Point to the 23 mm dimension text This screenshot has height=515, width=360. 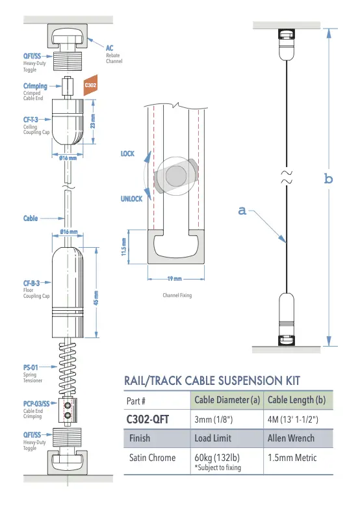(93, 121)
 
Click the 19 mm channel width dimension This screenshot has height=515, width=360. (174, 278)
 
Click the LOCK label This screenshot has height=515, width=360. (128, 153)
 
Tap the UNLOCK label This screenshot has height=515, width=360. (131, 199)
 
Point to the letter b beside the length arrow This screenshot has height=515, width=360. (328, 179)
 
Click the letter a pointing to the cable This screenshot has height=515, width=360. (242, 210)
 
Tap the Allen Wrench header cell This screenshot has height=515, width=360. (291, 438)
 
